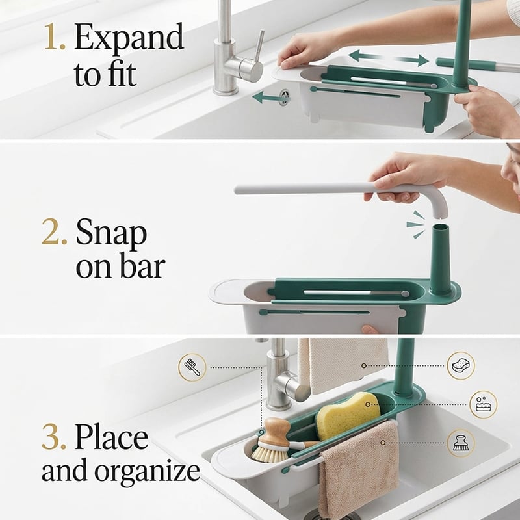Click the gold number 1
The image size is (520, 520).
(x=54, y=37)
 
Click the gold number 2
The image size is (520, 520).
(x=54, y=232)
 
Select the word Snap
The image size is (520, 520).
(x=111, y=235)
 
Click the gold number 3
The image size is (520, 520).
(x=54, y=437)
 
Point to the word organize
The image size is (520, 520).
(x=148, y=473)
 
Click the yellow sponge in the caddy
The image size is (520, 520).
(x=348, y=415)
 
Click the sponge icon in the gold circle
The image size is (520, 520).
(x=461, y=365)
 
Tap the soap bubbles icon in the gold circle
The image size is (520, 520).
(x=483, y=404)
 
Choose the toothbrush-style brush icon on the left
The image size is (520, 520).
(x=192, y=367)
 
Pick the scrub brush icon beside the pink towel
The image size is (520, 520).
(x=461, y=443)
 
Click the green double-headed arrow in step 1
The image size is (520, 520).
(x=389, y=58)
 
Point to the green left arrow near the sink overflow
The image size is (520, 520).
(x=269, y=97)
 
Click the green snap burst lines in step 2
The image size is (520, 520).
(x=416, y=224)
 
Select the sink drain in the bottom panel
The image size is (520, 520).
(x=331, y=515)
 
